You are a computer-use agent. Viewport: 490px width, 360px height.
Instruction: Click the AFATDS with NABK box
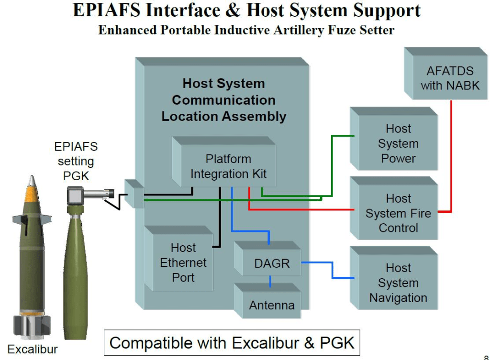450,78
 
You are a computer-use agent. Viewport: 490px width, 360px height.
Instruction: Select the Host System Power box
398,143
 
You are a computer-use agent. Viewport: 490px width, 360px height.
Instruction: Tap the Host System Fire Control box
398,213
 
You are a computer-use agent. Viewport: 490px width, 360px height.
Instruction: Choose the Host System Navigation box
398,283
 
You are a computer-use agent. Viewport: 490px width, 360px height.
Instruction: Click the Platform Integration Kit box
229,166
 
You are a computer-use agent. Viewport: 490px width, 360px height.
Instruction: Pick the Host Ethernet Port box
183,262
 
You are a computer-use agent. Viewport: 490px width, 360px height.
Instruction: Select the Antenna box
271,305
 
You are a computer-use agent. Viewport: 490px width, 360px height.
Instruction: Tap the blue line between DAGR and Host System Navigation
332,270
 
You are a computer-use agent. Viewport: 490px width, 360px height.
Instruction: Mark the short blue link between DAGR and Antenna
270,282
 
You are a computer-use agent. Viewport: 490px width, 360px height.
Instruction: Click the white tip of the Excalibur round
32,181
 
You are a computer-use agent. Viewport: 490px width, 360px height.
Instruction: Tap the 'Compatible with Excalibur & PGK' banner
232,342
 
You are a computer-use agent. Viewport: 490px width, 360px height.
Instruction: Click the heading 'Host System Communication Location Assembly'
223,100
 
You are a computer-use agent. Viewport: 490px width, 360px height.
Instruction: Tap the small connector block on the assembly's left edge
134,194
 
